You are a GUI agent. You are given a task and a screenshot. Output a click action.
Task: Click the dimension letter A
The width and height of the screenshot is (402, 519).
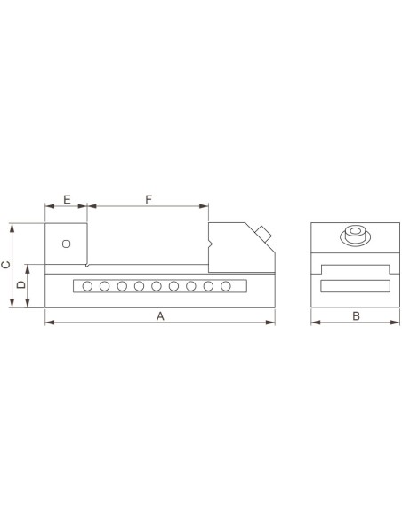(160, 316)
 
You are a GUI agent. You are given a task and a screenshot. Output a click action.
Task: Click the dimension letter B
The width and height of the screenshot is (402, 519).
(356, 316)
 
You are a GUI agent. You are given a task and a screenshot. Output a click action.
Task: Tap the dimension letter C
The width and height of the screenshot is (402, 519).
(6, 265)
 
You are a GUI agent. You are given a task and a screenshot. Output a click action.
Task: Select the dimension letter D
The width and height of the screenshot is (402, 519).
(21, 284)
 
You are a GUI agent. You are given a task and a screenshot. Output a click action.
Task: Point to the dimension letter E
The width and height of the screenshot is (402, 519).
(67, 200)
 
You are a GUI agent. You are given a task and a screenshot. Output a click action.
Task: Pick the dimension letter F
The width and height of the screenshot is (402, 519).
(149, 200)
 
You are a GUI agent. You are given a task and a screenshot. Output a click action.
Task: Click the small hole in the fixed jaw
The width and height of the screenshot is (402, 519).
(66, 244)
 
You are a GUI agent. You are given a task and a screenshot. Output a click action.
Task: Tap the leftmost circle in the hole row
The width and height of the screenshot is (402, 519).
(87, 286)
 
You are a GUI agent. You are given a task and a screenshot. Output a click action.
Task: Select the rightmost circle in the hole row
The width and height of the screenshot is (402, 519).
(226, 286)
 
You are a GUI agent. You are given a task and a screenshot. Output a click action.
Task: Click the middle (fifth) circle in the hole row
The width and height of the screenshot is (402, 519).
(157, 286)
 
